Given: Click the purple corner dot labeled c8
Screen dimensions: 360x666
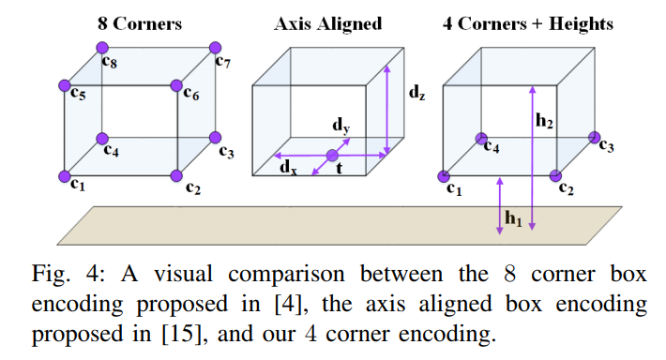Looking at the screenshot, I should pyautogui.click(x=102, y=47).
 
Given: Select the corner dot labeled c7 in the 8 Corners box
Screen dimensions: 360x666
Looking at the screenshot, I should pyautogui.click(x=217, y=47).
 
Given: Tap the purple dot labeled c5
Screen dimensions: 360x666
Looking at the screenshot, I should pyautogui.click(x=64, y=86).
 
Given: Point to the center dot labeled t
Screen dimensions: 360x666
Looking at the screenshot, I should pyautogui.click(x=331, y=156).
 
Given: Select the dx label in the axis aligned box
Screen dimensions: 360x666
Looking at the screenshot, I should pyautogui.click(x=290, y=168).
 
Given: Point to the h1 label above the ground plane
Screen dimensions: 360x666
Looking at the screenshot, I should pyautogui.click(x=512, y=219).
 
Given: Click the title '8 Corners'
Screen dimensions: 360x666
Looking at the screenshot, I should pyautogui.click(x=140, y=23).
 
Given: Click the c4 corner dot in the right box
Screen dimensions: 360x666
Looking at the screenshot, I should pyautogui.click(x=481, y=138).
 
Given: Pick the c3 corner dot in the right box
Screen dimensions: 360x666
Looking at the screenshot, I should pyautogui.click(x=594, y=138).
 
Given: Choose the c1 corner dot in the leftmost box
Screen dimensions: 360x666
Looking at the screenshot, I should pyautogui.click(x=64, y=175).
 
